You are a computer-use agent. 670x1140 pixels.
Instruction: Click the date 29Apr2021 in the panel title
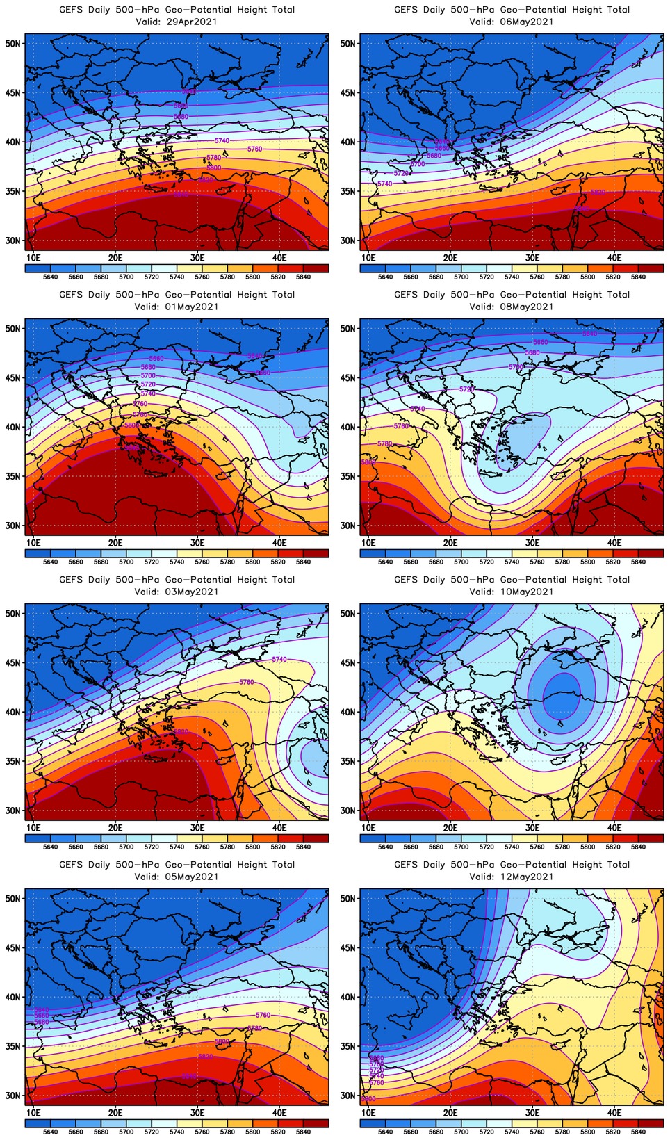191,22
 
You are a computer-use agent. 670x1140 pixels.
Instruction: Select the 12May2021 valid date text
526,877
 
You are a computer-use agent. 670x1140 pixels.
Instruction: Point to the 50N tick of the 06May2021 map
348,43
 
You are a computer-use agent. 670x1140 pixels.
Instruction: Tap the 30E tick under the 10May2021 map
532,828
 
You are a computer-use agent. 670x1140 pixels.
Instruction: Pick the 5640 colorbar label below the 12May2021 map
385,1132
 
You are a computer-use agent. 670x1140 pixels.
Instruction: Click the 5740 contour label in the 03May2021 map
279,659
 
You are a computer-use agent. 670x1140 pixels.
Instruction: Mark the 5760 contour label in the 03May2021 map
247,682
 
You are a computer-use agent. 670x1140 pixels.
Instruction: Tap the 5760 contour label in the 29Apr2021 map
255,149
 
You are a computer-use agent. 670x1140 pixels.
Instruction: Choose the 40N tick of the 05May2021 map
13,997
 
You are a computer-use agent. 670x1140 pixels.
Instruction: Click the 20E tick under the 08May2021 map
450,543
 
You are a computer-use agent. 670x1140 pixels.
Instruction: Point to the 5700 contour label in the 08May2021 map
516,366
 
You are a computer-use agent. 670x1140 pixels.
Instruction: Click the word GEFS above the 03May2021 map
71,580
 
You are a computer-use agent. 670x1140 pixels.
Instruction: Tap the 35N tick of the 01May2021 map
13,476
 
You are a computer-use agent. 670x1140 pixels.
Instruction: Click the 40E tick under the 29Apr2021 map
279,258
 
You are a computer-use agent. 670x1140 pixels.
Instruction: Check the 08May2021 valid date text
526,307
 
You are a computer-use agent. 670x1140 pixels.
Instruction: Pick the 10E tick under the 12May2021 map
368,1113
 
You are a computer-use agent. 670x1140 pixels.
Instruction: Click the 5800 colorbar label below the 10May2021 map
588,847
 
